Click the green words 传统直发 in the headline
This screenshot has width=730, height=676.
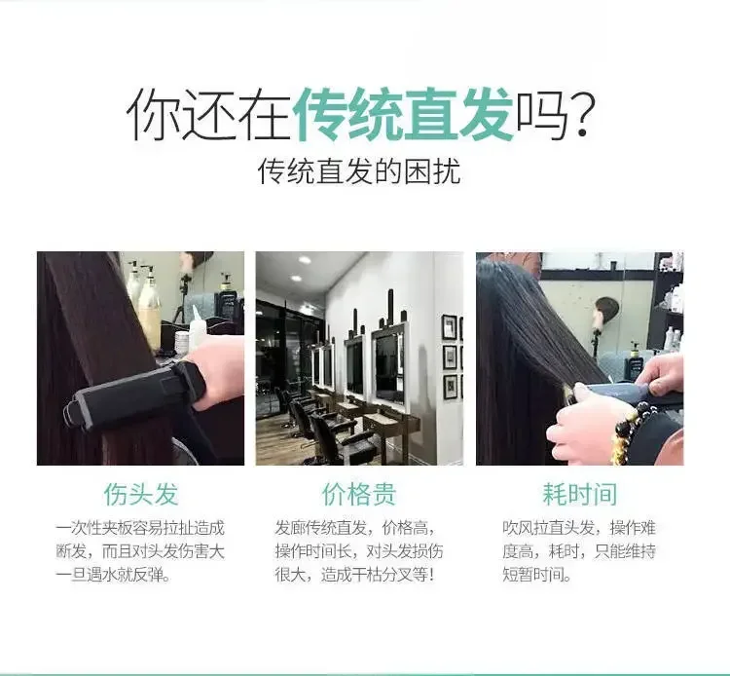404,114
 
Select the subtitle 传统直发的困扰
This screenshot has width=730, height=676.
359,171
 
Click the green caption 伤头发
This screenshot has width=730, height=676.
140,494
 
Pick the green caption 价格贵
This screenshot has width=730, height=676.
359,494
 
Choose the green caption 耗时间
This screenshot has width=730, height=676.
580,494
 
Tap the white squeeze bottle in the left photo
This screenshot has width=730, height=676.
197,326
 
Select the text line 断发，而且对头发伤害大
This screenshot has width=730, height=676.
140,551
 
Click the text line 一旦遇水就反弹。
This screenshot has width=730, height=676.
113,575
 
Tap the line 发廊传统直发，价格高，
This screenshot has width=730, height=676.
355,528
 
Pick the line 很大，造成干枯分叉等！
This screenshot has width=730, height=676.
354,575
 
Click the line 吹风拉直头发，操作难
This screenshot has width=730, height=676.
579,528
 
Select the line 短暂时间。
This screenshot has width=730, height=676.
536,575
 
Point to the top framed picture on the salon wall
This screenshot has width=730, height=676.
450,327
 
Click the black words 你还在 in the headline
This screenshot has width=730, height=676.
208,115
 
